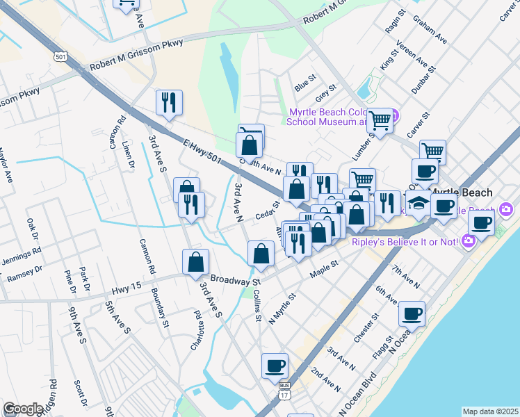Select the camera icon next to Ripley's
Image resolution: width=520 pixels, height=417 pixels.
click(468, 240)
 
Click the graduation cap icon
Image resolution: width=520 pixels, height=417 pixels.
click(418, 203)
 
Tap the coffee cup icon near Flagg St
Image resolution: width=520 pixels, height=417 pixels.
click(412, 313)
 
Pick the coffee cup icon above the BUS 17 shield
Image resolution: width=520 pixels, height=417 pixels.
click(275, 365)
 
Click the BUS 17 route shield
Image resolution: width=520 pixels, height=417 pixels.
click(284, 391)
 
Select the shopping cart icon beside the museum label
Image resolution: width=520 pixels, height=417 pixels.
click(380, 120)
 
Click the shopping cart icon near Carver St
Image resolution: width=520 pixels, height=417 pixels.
click(432, 151)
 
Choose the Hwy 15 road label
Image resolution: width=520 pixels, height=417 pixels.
click(126, 286)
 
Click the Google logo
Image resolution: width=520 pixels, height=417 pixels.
click(23, 409)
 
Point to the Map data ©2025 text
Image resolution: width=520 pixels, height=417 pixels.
click(489, 411)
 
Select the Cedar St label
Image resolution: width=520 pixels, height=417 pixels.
click(266, 208)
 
